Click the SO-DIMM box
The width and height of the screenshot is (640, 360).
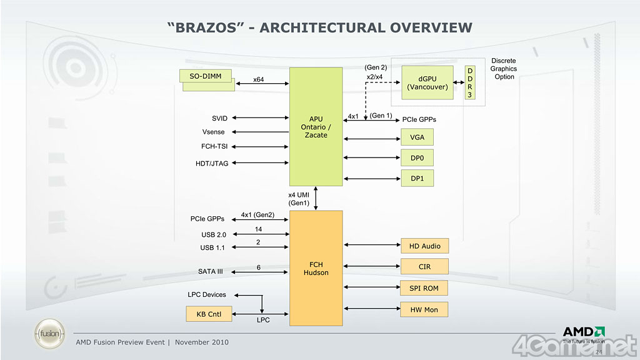point(206,76)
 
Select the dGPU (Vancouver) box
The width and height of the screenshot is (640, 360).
point(427,82)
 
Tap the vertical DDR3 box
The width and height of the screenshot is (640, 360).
point(470,82)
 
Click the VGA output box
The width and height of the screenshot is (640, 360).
point(417,137)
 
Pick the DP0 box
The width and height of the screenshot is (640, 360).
point(417,158)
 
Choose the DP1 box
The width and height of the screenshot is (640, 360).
point(417,179)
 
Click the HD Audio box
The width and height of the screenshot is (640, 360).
point(424,246)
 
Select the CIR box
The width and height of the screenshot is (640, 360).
point(424,267)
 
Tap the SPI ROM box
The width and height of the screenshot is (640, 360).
point(424,288)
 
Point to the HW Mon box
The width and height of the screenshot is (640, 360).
point(424,309)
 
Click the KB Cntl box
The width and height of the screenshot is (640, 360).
point(209,314)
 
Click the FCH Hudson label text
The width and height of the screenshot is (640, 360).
point(316,269)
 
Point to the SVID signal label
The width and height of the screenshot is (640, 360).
point(219,118)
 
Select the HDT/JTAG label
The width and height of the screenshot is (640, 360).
point(212,164)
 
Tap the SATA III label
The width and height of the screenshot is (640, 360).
point(211,272)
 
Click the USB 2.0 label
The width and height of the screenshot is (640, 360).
point(213,235)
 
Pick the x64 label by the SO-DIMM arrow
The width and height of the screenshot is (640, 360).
point(258,79)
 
